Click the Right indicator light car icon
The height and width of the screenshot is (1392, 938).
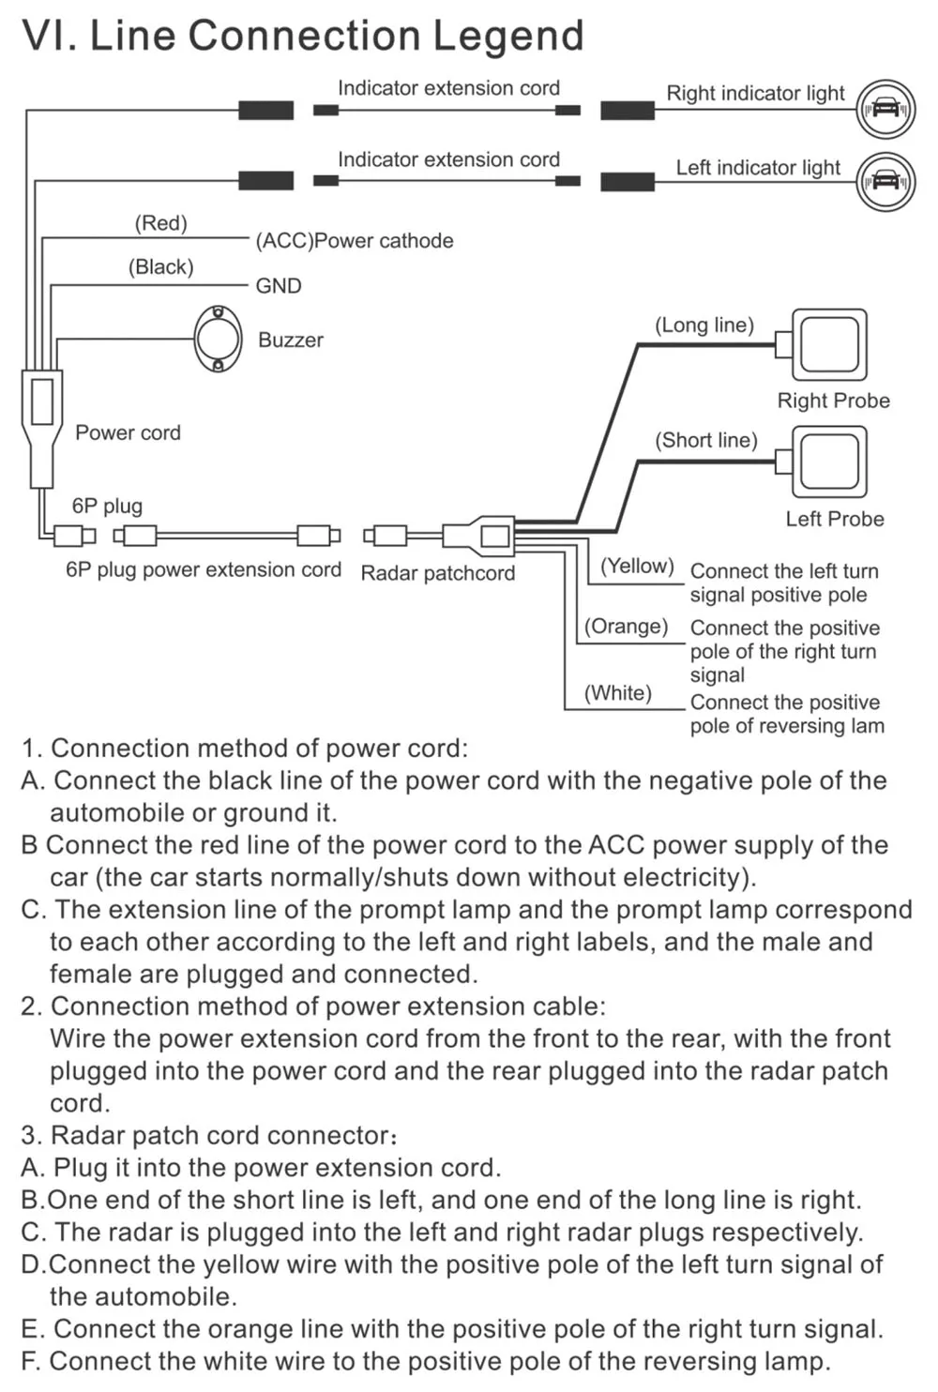[885, 109]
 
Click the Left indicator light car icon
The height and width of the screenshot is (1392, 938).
[885, 181]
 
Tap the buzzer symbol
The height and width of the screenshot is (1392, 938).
[218, 339]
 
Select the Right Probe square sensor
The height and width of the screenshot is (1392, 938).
[829, 345]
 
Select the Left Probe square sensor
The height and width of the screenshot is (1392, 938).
[829, 461]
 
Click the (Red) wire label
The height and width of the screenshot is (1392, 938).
[160, 223]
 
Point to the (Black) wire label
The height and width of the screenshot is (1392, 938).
[160, 267]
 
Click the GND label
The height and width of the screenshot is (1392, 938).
[279, 286]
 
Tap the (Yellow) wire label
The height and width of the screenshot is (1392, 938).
[637, 566]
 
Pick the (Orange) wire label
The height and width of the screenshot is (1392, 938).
[626, 626]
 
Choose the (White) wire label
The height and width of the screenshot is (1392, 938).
[617, 692]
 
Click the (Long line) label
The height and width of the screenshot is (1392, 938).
[703, 325]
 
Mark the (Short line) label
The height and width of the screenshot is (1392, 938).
[705, 440]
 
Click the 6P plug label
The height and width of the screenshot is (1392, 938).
[107, 507]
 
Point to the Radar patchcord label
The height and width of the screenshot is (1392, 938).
[437, 573]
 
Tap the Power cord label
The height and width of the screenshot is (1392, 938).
[128, 432]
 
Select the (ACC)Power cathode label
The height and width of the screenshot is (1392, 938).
[355, 241]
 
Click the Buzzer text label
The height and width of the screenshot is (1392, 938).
[291, 340]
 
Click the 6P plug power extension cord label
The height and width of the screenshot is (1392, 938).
[204, 570]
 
